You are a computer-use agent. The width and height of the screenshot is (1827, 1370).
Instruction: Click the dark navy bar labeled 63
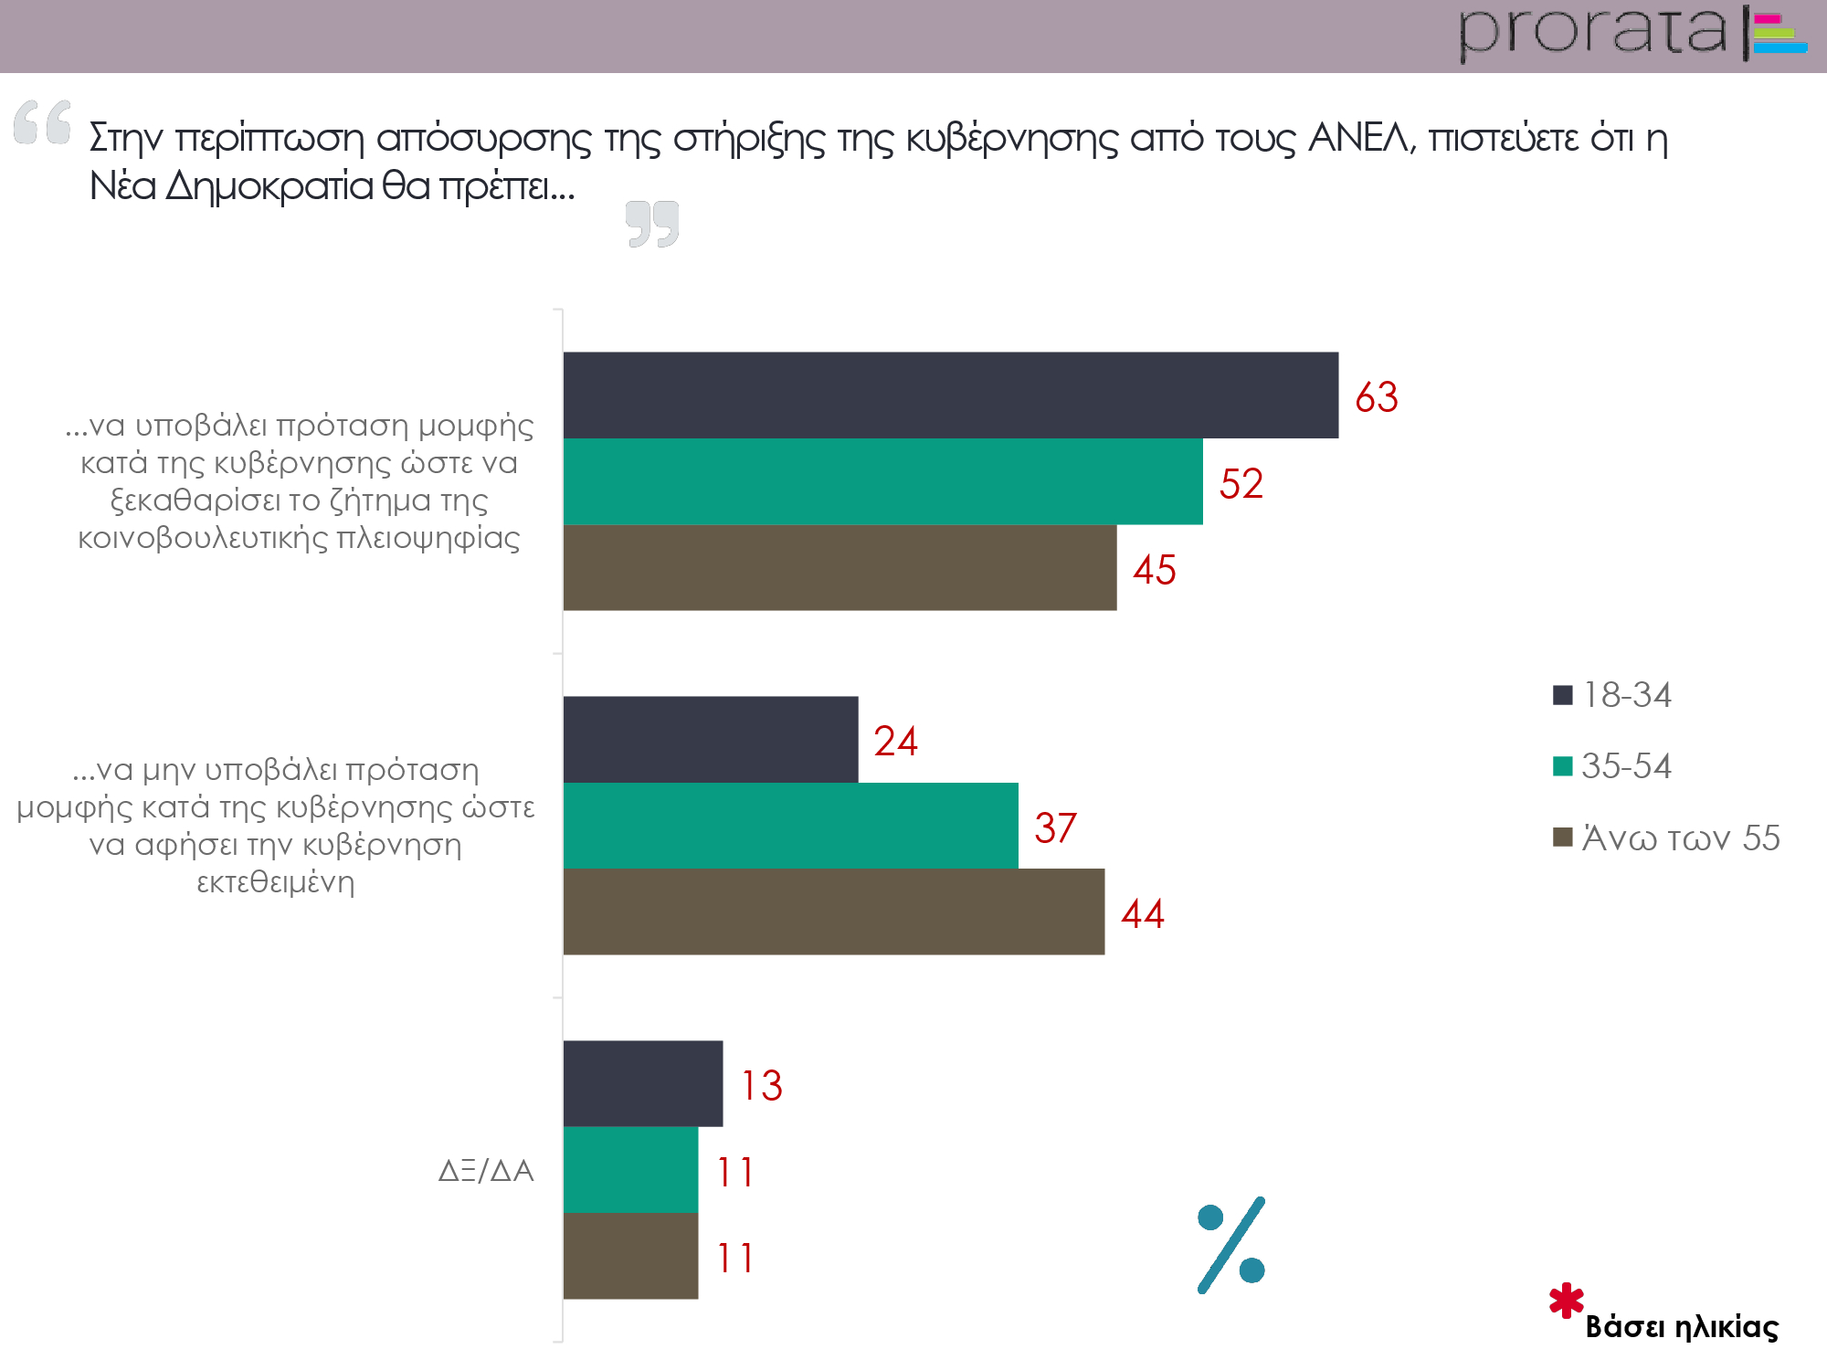950,395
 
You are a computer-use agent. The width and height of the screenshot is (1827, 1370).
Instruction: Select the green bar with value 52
882,481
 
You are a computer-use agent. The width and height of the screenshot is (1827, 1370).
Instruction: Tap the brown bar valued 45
840,567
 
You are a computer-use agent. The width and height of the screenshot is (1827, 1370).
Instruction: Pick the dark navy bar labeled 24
711,740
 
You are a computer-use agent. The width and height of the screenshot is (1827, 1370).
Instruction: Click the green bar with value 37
790,826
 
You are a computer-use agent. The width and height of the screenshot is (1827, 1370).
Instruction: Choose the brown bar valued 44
833,912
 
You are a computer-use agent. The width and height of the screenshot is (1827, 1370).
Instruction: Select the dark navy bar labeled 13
642,1084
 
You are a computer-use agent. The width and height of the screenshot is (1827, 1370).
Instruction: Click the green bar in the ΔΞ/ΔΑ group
630,1170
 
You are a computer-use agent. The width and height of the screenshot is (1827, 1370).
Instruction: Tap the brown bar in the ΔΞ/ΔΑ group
630,1256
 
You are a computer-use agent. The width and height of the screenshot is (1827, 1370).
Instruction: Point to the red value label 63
1376,397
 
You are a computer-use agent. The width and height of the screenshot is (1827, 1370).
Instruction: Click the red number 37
1055,828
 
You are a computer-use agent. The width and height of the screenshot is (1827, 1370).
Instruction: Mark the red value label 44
1142,914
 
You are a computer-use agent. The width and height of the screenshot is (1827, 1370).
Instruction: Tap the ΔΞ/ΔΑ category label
486,1171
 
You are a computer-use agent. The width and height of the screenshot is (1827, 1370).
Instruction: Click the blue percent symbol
1231,1245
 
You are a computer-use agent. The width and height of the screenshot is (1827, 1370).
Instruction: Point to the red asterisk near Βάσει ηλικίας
1567,1301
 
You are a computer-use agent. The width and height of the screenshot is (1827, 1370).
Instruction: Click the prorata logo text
1594,33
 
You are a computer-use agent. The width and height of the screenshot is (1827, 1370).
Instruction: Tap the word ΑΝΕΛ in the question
1361,139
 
